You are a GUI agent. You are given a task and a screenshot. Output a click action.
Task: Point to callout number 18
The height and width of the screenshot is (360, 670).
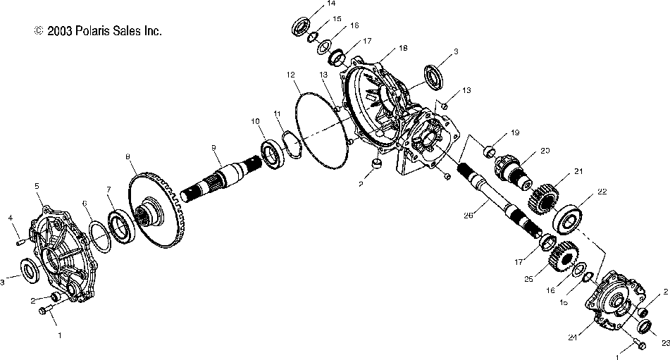pos(402,48)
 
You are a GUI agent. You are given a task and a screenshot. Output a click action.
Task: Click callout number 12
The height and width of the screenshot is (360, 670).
pos(290,74)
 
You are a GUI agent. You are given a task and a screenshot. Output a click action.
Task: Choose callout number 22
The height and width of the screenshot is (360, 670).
pos(602,192)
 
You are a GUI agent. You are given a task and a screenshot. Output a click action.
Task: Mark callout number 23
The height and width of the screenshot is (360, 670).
pos(663,343)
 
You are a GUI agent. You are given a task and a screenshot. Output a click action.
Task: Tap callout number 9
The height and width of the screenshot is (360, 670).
pos(212,147)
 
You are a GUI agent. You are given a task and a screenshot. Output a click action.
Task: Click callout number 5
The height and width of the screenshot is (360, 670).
pos(37,185)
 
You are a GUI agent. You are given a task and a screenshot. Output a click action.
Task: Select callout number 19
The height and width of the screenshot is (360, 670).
pos(515,132)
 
